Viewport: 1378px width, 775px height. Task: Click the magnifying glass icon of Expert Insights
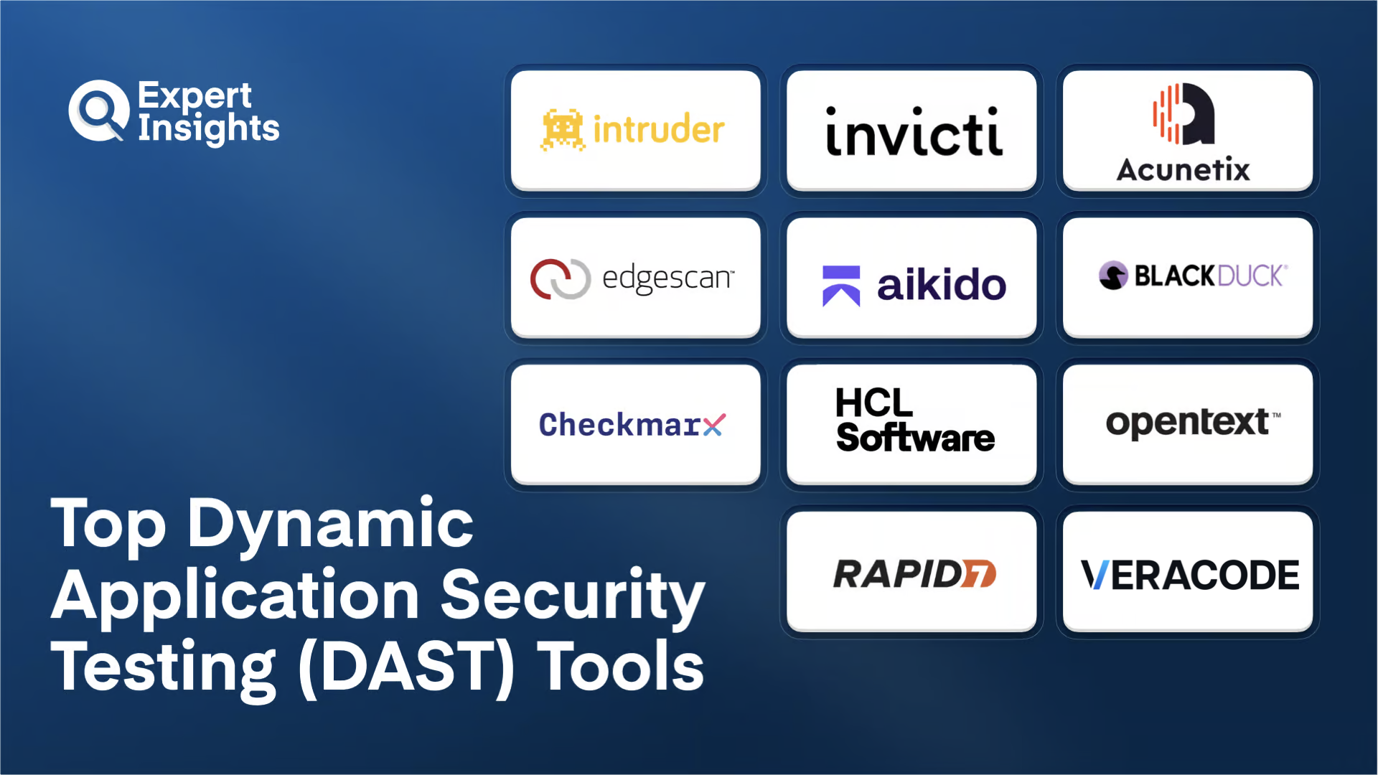(98, 111)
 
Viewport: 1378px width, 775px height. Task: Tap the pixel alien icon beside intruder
(562, 129)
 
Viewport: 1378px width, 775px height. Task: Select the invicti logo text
(913, 133)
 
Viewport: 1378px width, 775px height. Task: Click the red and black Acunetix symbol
(1184, 114)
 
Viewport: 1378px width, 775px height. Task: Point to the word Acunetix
(1183, 170)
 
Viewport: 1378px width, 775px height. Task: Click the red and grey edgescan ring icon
(560, 278)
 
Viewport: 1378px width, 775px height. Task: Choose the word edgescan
(667, 278)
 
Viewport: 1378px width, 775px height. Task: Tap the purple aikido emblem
(841, 286)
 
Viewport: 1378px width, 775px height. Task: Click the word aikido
(941, 285)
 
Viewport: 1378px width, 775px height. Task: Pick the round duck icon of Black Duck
(1113, 276)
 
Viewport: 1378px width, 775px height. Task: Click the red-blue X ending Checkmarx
(714, 425)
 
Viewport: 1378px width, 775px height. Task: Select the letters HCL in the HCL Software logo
(873, 403)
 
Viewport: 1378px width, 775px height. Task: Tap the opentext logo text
(1187, 423)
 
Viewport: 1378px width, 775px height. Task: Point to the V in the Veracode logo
(1095, 575)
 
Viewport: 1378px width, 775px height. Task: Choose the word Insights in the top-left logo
(208, 128)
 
